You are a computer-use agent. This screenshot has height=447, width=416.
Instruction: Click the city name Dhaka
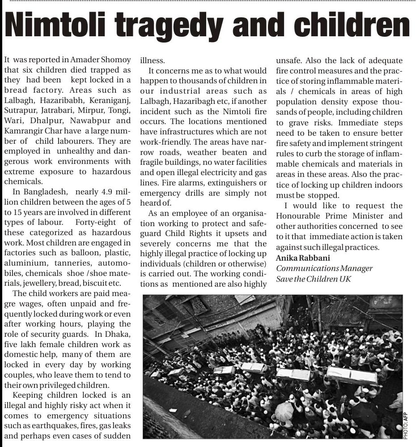click(119, 334)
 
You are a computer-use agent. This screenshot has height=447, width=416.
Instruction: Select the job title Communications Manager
click(324, 268)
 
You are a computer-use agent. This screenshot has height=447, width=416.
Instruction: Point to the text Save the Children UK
click(313, 279)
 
